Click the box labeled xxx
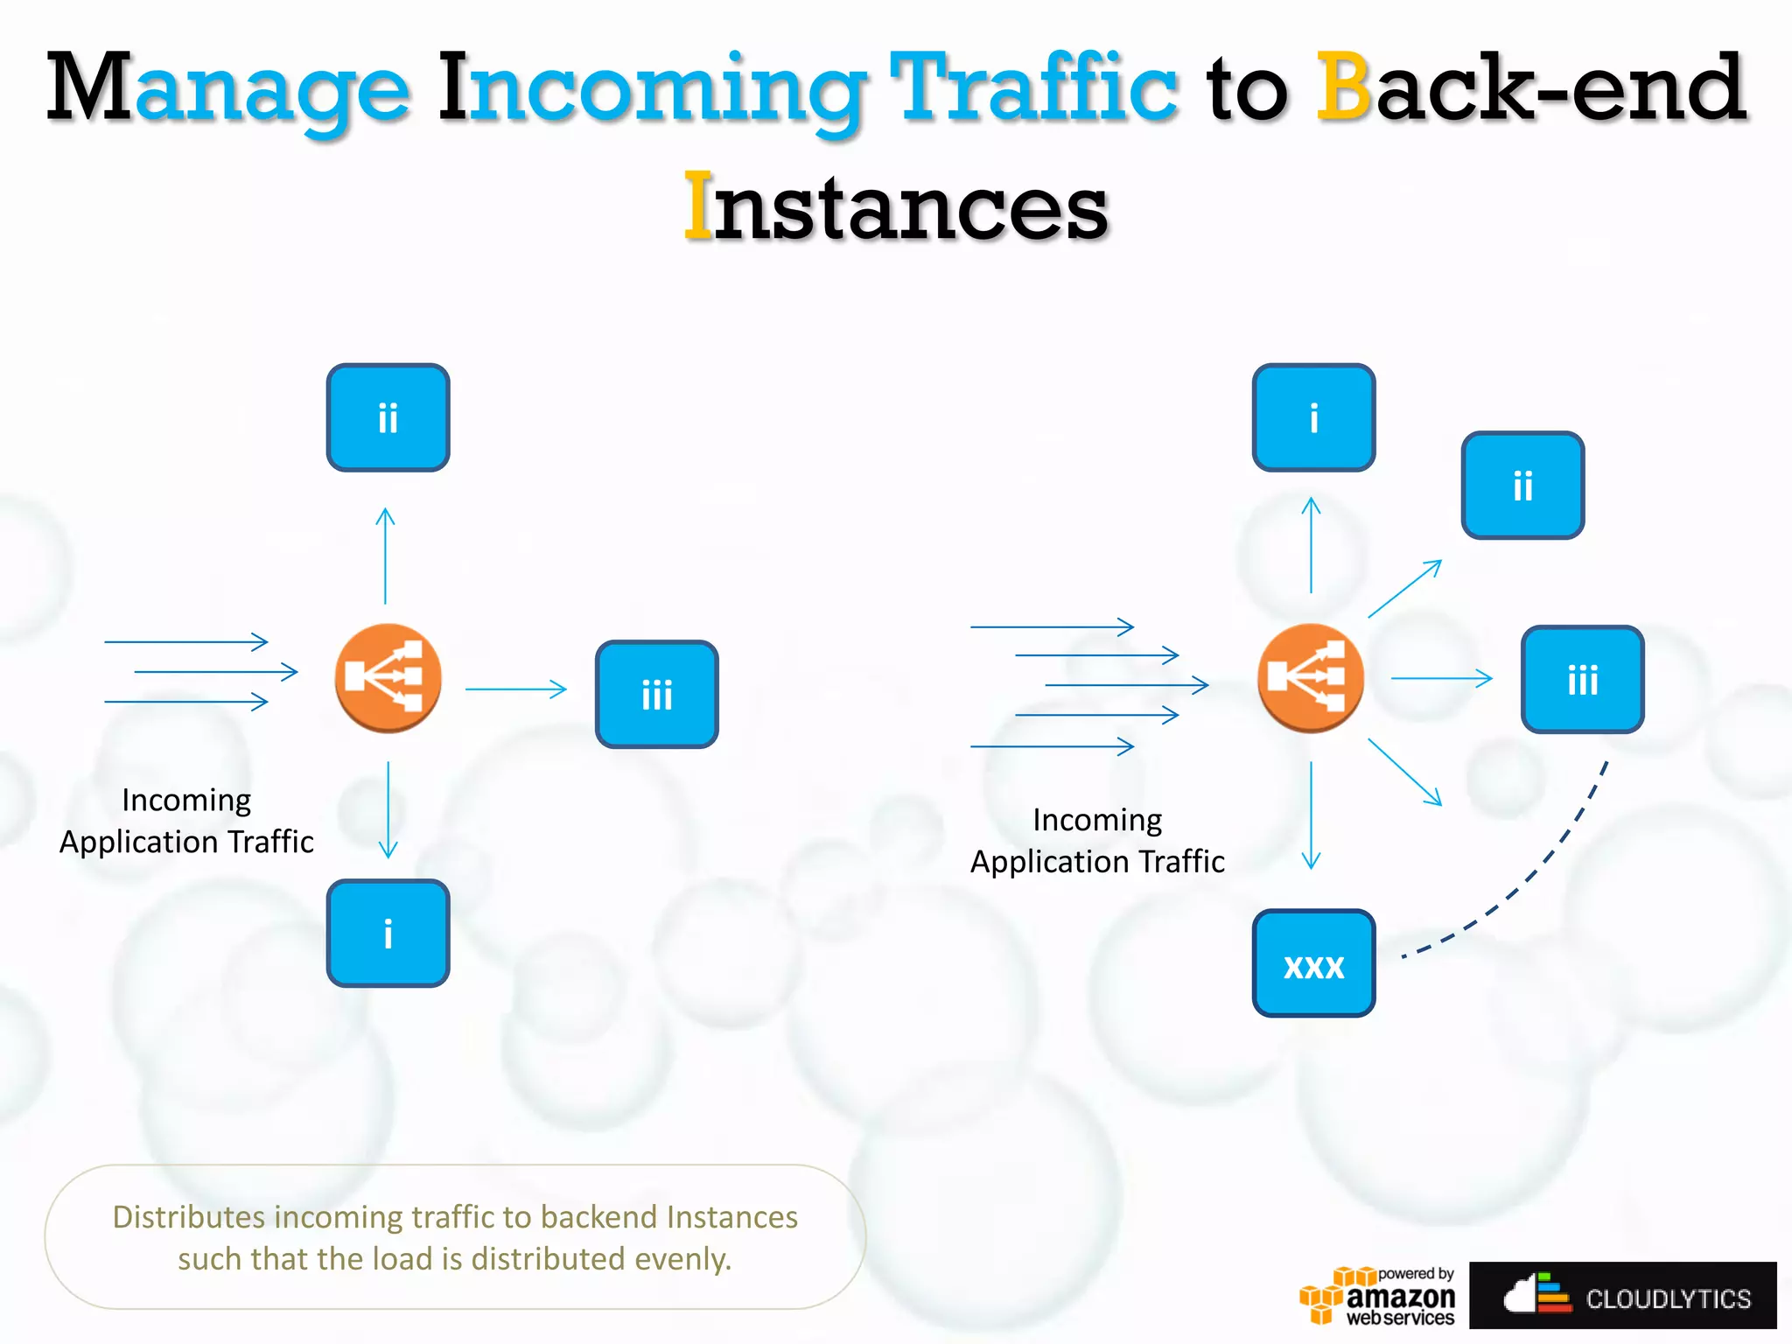[x=1313, y=962]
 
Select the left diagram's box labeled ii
[x=388, y=417]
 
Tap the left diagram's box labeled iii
[x=656, y=694]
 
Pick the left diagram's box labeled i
[x=388, y=933]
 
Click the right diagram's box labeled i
[x=1313, y=417]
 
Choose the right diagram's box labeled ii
[x=1522, y=485]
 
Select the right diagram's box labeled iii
[x=1582, y=679]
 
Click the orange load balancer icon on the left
[x=388, y=678]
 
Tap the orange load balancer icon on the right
[x=1310, y=678]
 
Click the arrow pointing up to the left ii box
[x=385, y=556]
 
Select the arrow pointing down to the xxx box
[x=1311, y=814]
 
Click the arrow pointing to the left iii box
[x=516, y=689]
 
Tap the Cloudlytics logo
[x=1623, y=1296]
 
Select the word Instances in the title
[x=896, y=207]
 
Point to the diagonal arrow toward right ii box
[x=1404, y=589]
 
